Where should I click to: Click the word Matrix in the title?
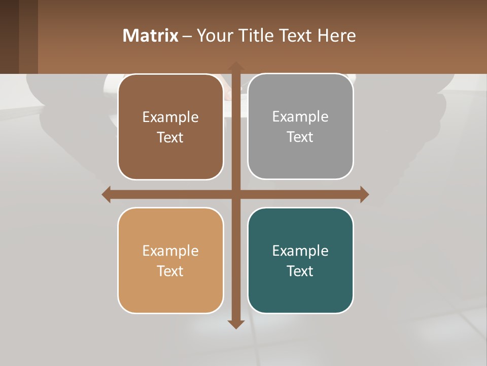(x=151, y=36)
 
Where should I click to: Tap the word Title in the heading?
(x=255, y=36)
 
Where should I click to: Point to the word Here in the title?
(x=337, y=36)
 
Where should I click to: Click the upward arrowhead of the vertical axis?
(x=235, y=66)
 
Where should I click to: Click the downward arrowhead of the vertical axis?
(x=235, y=324)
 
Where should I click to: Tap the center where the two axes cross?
(x=235, y=195)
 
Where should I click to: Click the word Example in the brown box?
(x=170, y=117)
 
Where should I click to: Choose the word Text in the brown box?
(x=170, y=138)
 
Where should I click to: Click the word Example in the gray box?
(x=300, y=117)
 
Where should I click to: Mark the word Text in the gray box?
(x=300, y=137)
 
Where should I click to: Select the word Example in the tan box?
(x=170, y=251)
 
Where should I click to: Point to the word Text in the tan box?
(x=170, y=271)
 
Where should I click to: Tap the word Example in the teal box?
(x=300, y=251)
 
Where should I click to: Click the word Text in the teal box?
(x=300, y=271)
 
